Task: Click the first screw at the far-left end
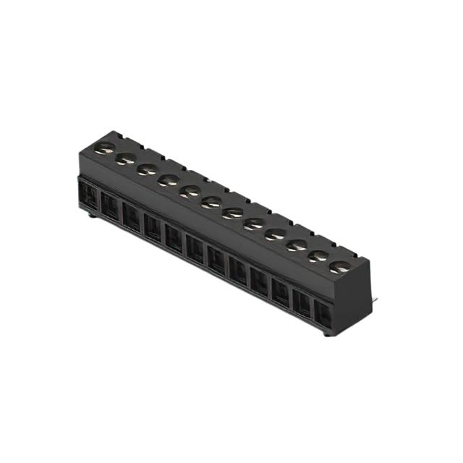pyautogui.click(x=106, y=148)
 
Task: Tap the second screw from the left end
pyautogui.click(x=127, y=158)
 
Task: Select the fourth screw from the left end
pyautogui.click(x=169, y=180)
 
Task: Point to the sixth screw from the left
pyautogui.click(x=211, y=202)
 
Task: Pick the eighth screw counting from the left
pyautogui.click(x=254, y=224)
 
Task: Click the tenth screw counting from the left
pyautogui.click(x=297, y=245)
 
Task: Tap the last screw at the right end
pyautogui.click(x=339, y=267)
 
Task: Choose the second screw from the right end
pyautogui.click(x=318, y=256)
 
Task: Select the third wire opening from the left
pyautogui.click(x=131, y=217)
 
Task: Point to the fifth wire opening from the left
pyautogui.click(x=174, y=238)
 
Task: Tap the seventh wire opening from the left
pyautogui.click(x=216, y=260)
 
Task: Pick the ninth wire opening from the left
pyautogui.click(x=259, y=281)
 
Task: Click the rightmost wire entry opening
pyautogui.click(x=323, y=315)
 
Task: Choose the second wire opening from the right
pyautogui.click(x=302, y=304)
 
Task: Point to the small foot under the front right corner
pyautogui.click(x=328, y=334)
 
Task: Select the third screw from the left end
pyautogui.click(x=148, y=169)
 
